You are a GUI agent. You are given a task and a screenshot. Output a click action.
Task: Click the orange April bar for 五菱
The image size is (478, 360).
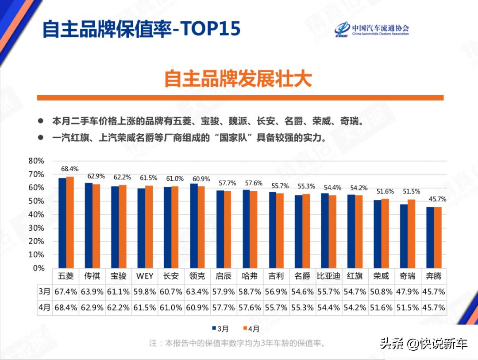(x=70, y=222)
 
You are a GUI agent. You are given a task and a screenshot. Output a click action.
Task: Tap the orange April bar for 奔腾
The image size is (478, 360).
(x=438, y=237)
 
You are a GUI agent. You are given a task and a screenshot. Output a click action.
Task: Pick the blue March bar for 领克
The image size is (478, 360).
(x=193, y=225)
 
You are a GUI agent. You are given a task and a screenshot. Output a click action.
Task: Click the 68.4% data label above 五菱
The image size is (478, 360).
(x=69, y=169)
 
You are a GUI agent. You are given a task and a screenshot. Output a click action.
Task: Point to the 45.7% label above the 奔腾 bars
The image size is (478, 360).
(x=438, y=199)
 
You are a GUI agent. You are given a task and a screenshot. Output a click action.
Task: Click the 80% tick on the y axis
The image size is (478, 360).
(x=36, y=161)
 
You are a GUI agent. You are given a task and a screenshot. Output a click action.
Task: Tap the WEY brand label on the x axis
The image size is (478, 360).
(x=145, y=276)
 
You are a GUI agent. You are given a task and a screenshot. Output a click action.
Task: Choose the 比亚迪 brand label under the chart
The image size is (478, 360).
(x=328, y=276)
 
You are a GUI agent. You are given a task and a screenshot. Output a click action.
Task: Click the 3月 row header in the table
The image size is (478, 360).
(x=44, y=292)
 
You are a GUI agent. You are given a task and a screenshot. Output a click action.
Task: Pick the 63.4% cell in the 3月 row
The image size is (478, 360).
(x=197, y=292)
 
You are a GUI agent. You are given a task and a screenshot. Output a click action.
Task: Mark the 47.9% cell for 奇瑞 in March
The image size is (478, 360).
(x=407, y=292)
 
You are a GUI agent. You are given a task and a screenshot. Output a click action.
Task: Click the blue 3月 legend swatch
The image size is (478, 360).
(x=213, y=329)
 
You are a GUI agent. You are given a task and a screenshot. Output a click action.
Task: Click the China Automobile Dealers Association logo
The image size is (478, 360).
(x=372, y=29)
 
